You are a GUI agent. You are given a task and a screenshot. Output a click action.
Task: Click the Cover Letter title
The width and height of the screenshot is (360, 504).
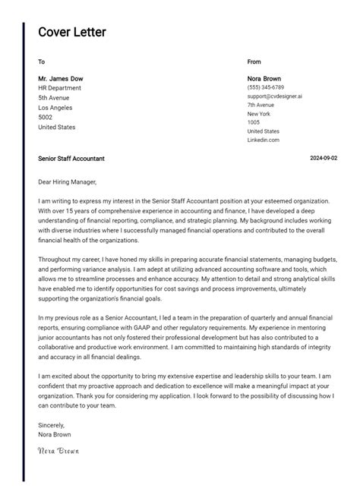coord(72,32)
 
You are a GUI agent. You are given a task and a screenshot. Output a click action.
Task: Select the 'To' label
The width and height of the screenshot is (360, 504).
coord(41,61)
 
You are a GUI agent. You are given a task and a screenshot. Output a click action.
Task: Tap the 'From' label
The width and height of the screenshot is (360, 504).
coord(254,61)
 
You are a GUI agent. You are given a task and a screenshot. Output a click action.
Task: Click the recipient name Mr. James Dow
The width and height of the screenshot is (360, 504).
coord(61,79)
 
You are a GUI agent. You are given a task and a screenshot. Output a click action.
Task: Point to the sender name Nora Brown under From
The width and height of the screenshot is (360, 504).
coord(265,79)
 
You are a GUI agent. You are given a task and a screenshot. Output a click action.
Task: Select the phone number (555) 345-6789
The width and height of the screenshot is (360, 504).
coord(266,88)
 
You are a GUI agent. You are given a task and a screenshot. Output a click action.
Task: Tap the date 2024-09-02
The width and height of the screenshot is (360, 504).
coord(324,159)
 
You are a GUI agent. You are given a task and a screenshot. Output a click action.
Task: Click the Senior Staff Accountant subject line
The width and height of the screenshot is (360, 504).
coord(71,159)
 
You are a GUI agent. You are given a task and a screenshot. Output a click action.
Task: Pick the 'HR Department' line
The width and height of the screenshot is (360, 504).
coord(59,88)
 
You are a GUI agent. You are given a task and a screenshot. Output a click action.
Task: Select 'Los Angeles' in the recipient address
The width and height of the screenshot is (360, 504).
coord(56,108)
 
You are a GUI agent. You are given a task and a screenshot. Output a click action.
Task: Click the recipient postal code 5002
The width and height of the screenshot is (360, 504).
coord(46,118)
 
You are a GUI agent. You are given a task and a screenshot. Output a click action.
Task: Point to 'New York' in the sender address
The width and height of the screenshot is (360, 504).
coord(259,114)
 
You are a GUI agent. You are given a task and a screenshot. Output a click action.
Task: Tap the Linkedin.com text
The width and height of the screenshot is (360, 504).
coord(264,140)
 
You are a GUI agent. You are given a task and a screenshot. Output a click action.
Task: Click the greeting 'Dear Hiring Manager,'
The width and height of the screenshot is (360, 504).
coord(68,182)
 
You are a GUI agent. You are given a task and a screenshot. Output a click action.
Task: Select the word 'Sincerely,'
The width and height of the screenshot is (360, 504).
coord(52,425)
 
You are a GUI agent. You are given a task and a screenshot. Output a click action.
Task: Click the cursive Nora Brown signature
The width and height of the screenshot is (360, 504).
coord(58,450)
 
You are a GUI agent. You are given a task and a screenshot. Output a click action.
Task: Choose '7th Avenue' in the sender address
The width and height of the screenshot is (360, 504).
coord(261,105)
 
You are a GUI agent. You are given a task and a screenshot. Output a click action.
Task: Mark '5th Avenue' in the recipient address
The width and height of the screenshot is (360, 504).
coord(54,98)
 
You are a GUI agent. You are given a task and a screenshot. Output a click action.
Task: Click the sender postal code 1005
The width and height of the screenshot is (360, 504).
coord(254,122)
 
